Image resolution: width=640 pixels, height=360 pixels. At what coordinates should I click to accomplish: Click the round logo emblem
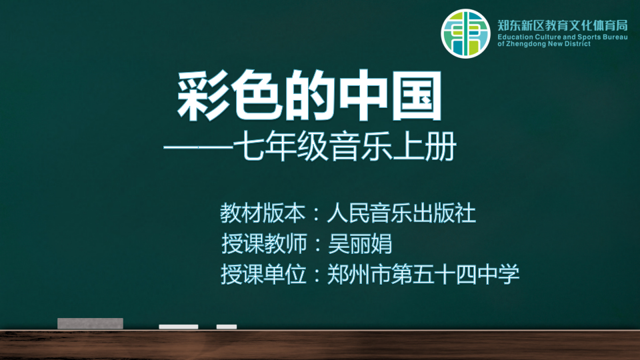[x=465, y=34]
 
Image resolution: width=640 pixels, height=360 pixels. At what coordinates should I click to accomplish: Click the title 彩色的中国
[x=309, y=96]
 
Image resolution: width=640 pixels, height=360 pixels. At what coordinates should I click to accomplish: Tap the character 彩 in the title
[x=203, y=96]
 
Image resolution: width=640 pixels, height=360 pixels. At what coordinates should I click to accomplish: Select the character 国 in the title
[x=417, y=96]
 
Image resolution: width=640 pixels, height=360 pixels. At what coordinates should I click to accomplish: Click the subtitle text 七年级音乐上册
[x=345, y=146]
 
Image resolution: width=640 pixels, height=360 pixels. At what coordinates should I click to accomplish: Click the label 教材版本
[x=263, y=213]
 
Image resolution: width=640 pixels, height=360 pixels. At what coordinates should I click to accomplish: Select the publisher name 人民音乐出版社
[x=401, y=213]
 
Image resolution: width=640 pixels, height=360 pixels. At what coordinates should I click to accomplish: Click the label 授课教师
[x=264, y=244]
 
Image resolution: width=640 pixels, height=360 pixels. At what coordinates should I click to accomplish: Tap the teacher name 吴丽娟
[x=360, y=244]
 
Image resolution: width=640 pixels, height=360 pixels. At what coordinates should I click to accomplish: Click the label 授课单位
[x=263, y=274]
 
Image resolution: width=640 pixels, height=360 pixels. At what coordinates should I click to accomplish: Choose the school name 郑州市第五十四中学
[x=423, y=274]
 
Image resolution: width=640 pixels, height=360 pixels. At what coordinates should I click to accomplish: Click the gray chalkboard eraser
[x=90, y=323]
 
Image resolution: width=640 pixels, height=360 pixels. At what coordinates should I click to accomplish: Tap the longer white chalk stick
[x=179, y=327]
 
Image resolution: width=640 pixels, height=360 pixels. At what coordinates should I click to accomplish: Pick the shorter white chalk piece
[x=227, y=327]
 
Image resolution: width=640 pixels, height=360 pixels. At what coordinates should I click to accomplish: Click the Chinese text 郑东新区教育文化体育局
[x=563, y=26]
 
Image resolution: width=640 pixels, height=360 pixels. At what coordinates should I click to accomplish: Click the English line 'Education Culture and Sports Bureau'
[x=563, y=37]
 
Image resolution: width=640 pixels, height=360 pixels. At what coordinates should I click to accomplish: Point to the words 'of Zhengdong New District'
[x=544, y=44]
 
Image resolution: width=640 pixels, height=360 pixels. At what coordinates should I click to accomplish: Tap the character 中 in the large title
[x=363, y=96]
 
